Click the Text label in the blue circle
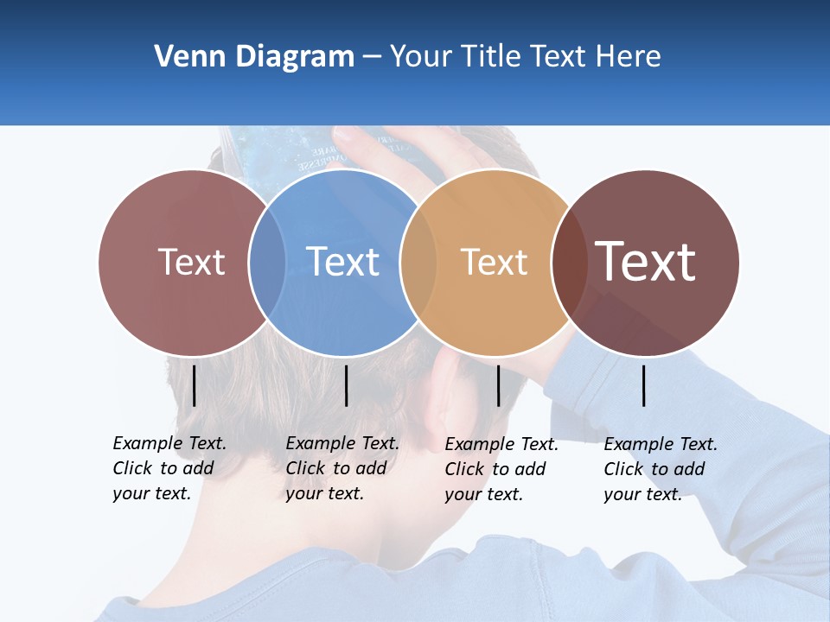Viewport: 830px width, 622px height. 343,262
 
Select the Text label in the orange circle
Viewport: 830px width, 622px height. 494,262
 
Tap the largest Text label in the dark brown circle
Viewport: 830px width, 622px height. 646,262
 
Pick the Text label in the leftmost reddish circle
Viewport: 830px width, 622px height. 191,262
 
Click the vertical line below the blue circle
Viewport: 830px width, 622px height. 346,385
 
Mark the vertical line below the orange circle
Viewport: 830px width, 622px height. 498,385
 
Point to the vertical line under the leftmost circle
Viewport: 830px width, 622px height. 194,385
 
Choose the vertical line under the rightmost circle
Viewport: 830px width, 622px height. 643,385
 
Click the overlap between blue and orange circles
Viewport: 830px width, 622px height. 418,262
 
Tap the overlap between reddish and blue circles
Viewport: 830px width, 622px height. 267,262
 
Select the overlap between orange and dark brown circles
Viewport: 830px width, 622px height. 570,262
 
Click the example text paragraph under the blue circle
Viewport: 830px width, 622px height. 342,468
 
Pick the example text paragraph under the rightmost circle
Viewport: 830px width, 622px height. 660,469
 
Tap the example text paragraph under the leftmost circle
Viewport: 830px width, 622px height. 169,468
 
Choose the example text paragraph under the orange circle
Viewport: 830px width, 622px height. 501,469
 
